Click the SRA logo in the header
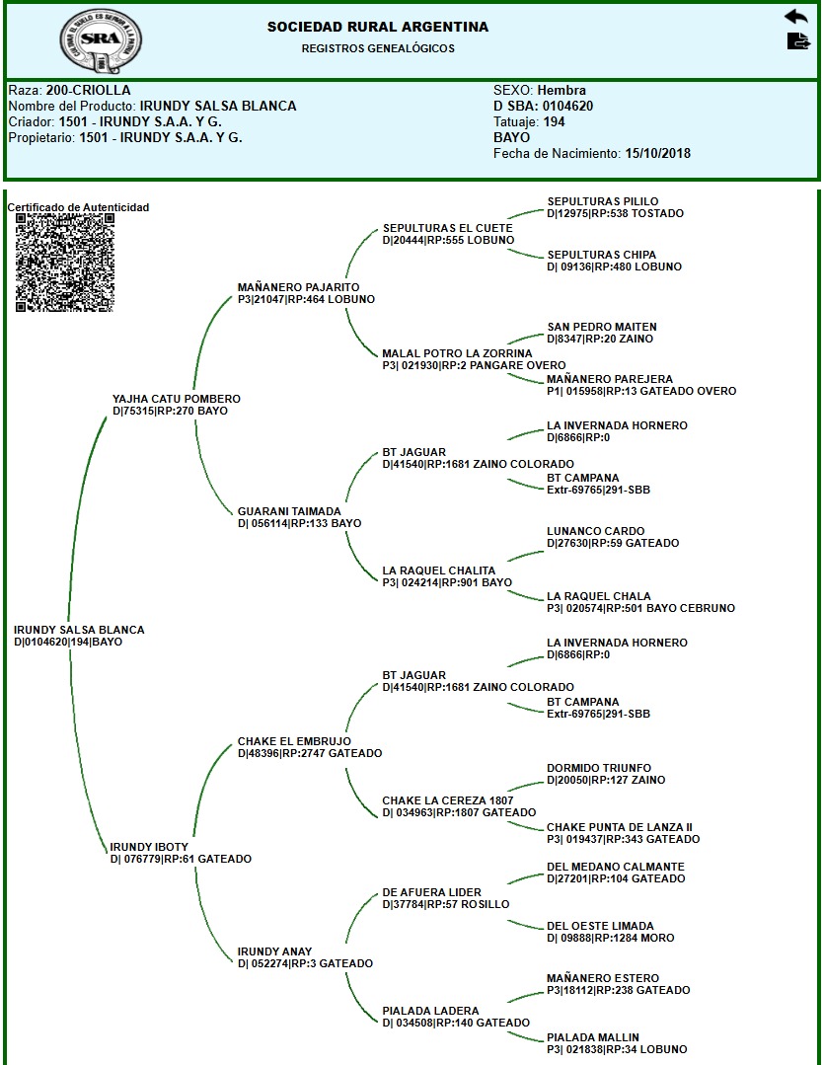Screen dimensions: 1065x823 94,40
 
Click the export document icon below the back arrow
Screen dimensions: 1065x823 796,40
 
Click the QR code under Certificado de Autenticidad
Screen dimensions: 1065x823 65,263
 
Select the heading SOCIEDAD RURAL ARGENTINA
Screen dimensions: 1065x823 378,27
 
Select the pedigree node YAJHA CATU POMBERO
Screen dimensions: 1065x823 177,399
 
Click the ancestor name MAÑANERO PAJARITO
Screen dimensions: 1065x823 292,287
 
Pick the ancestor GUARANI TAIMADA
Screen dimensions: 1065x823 289,511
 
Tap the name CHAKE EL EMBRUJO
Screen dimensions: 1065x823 294,741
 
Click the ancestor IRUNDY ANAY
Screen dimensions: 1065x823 275,951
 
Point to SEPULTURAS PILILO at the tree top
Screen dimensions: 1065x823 603,201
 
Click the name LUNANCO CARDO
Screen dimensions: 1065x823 595,531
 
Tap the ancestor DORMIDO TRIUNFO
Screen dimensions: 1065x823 599,768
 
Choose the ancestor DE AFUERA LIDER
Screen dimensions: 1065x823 432,892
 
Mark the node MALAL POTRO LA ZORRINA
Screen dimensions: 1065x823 457,353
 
